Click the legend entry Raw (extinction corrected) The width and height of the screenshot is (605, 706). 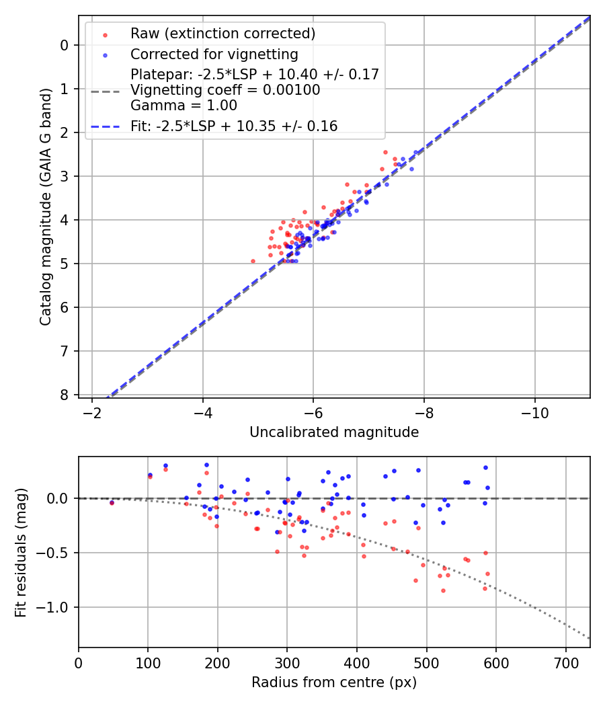point(223,34)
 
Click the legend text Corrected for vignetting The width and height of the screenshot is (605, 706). point(214,54)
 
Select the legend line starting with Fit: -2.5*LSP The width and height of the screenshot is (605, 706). point(234,126)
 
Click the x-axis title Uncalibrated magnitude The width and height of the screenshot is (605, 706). point(334,432)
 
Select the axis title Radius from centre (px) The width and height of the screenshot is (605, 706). point(334,682)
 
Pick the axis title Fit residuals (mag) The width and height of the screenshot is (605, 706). point(21,553)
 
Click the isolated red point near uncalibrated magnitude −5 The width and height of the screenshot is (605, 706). point(253,261)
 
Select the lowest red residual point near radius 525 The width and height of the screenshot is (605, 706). point(443,590)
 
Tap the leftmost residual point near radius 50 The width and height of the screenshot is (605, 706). point(112,502)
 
